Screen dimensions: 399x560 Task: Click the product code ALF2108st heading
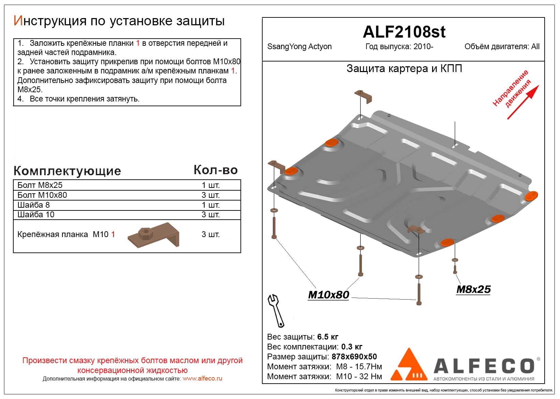click(x=404, y=32)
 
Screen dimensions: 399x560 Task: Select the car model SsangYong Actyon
click(x=299, y=47)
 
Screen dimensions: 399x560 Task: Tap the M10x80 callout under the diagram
click(x=328, y=295)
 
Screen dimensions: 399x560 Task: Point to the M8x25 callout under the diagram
click(x=473, y=289)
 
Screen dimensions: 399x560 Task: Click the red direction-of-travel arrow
click(x=523, y=102)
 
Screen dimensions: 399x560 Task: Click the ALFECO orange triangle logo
click(x=409, y=365)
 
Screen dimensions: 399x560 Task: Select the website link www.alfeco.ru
click(x=202, y=379)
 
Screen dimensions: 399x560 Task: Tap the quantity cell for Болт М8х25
click(x=210, y=185)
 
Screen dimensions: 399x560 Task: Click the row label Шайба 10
click(x=36, y=215)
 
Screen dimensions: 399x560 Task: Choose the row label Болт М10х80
click(x=42, y=195)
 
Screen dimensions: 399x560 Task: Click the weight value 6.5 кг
click(x=328, y=337)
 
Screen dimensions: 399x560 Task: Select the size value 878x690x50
click(x=354, y=357)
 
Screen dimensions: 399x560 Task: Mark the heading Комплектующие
click(x=67, y=171)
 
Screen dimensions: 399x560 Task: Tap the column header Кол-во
click(x=216, y=170)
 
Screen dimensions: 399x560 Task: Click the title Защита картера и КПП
click(x=404, y=69)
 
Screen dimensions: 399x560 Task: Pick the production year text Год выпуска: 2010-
click(x=399, y=47)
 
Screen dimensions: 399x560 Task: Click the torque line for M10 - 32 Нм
click(x=324, y=376)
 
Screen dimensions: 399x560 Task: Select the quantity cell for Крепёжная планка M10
click(x=210, y=234)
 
